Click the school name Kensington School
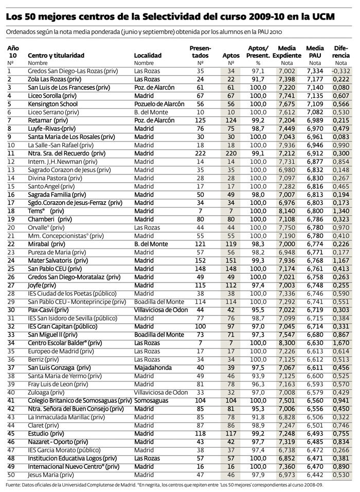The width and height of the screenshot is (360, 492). tap(54, 103)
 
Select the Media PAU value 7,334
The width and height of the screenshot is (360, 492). tap(314, 71)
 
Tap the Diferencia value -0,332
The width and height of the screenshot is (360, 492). tap(341, 71)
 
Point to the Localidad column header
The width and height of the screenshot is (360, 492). tap(148, 55)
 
